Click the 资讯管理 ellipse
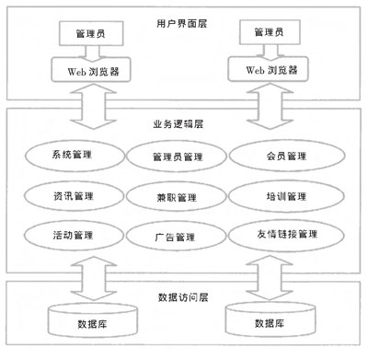74,195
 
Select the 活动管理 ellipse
74,236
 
